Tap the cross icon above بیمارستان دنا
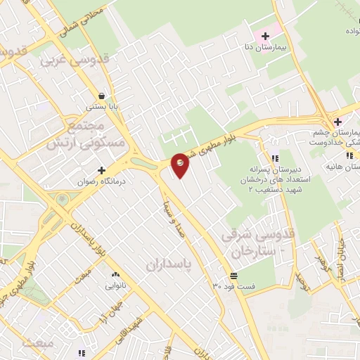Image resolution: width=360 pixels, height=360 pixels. tap(265, 36)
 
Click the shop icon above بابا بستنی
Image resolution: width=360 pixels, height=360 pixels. tap(103, 96)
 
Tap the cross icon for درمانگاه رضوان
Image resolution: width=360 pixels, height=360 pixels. tap(103, 170)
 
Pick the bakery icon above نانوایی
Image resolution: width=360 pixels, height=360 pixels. tap(115, 274)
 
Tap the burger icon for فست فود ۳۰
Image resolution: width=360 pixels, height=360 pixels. tap(233, 274)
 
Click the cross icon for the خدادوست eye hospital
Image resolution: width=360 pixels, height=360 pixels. tap(337, 122)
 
